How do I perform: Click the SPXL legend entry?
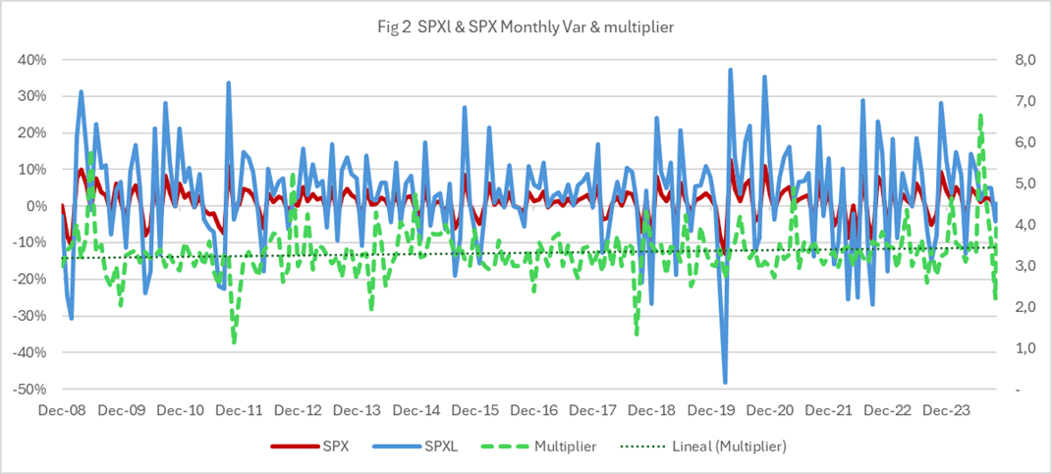422,446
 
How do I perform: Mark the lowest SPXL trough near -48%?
725,382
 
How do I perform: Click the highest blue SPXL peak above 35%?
730,70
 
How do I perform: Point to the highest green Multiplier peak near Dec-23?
980,116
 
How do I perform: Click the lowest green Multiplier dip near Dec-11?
234,342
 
